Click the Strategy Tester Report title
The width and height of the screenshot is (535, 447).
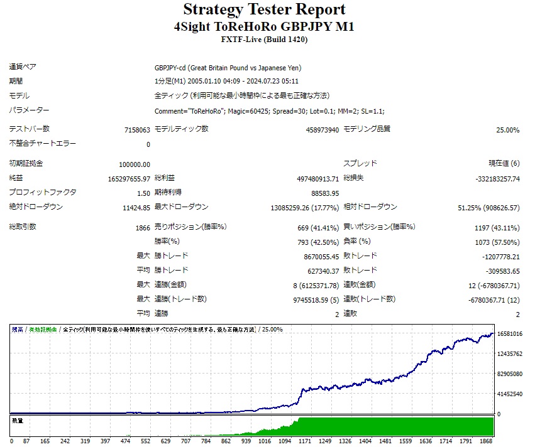pos(264,10)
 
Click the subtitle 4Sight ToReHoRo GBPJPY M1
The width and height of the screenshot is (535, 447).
pos(264,27)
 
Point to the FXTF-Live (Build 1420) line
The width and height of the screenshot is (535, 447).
pos(264,40)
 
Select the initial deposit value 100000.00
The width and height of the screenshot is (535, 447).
pos(134,164)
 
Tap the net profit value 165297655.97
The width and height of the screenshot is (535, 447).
pos(129,179)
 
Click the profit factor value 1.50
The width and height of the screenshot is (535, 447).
pos(143,193)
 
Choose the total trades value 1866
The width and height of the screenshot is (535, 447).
pos(143,228)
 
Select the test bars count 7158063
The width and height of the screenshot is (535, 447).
pos(137,130)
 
